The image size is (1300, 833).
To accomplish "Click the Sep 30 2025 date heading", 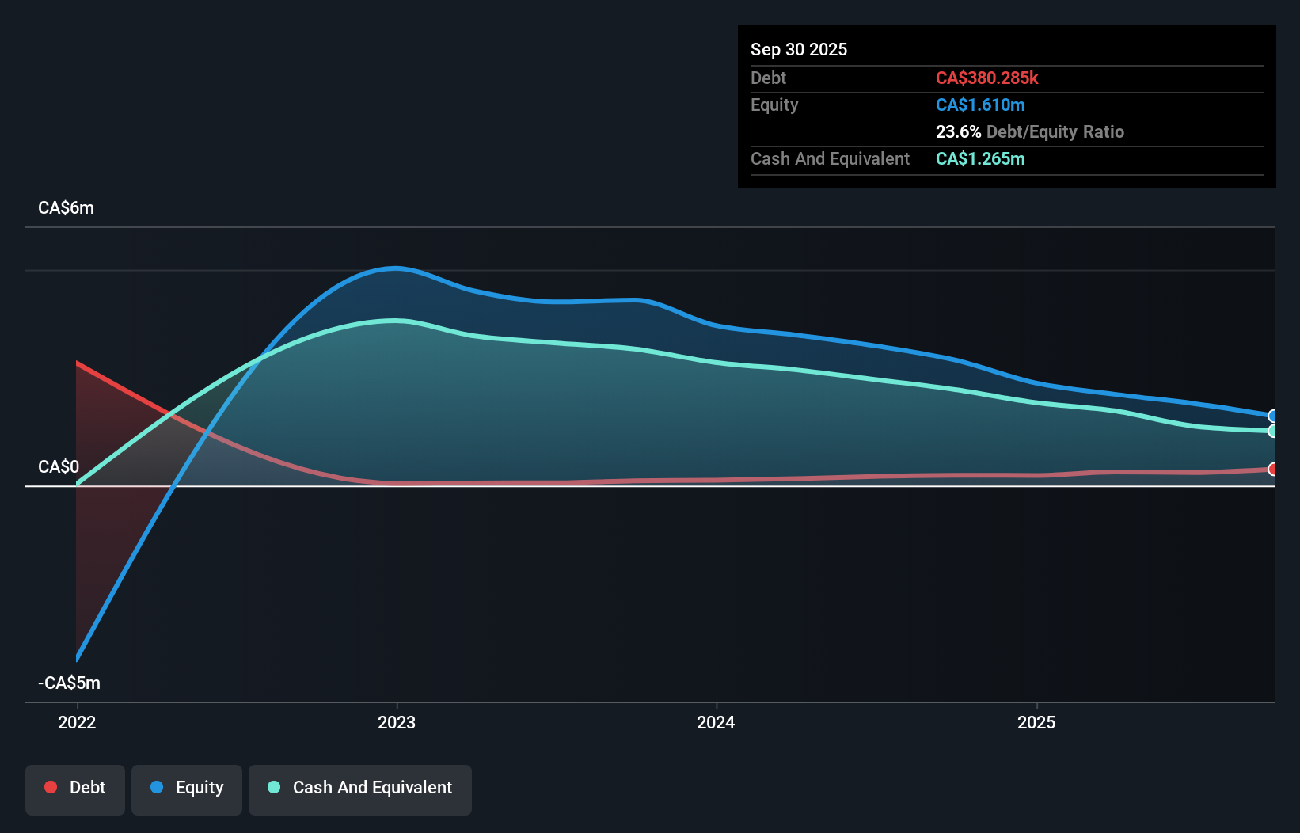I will tap(798, 49).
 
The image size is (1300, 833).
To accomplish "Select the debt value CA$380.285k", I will tap(986, 78).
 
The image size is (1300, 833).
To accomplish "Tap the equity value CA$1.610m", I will tap(979, 105).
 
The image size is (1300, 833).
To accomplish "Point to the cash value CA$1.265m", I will tap(979, 158).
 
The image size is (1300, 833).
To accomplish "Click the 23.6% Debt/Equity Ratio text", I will tap(1029, 131).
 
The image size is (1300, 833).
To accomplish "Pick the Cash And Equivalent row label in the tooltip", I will tap(830, 158).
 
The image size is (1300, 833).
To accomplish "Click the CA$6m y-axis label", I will tap(66, 207).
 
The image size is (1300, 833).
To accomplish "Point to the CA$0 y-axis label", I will tap(59, 466).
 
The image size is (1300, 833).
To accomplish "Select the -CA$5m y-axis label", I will tap(69, 683).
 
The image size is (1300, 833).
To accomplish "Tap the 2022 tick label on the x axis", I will tap(77, 722).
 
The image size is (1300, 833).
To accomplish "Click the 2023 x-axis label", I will tap(397, 722).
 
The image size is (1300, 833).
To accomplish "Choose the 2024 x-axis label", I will tap(716, 722).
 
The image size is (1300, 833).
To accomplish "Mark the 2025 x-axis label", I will tap(1036, 722).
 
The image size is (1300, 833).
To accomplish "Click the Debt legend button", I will tap(75, 787).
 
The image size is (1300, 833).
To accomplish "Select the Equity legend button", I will tap(187, 787).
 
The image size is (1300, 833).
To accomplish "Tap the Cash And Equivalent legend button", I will tap(360, 787).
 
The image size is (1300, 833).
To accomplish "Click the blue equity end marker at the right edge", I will tap(1272, 416).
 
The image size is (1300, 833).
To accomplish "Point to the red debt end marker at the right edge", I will tap(1272, 469).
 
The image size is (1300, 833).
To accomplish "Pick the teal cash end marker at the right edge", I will tap(1272, 431).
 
